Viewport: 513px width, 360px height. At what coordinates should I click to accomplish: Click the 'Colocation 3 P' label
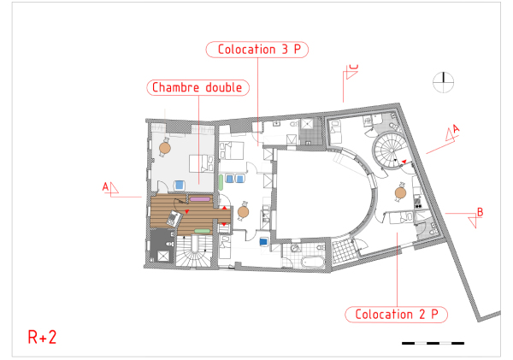tap(257, 50)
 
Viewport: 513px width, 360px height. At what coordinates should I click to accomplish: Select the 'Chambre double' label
tap(198, 88)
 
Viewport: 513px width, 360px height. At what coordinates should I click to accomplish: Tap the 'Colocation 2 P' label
tap(396, 315)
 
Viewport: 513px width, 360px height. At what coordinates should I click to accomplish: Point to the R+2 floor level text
tap(42, 337)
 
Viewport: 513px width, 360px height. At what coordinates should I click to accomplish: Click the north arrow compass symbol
tap(443, 82)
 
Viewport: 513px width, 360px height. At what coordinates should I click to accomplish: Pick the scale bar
tap(433, 343)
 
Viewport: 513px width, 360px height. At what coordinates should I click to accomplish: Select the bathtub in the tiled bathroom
tap(313, 262)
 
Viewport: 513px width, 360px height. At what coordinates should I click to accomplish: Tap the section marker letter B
tap(480, 212)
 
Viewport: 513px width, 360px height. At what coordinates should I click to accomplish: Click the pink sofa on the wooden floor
tap(200, 199)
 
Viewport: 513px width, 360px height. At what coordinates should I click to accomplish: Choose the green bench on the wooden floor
tap(202, 231)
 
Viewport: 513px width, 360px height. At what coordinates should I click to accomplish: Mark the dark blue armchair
tap(263, 242)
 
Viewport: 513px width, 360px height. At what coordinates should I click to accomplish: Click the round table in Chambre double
tap(165, 148)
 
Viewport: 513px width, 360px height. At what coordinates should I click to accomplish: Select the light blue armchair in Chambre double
tap(179, 185)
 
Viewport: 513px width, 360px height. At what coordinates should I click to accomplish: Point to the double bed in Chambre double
tap(202, 163)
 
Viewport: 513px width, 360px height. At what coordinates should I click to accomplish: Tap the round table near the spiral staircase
tap(400, 192)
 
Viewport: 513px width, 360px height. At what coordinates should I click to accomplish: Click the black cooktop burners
tap(418, 204)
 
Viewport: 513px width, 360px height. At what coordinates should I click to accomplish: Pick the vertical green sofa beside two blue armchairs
tap(221, 182)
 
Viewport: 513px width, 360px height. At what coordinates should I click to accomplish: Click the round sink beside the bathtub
tap(296, 248)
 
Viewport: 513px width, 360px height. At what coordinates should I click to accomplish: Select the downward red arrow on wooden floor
tap(224, 224)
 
